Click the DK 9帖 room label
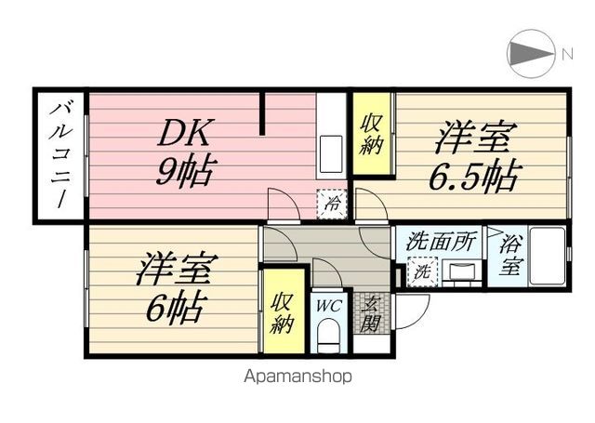[x=185, y=152]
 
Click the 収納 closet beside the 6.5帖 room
[x=372, y=134]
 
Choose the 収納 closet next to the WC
[x=284, y=311]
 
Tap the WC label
[x=329, y=306]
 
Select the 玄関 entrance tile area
[x=372, y=313]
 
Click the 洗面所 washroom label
[x=440, y=242]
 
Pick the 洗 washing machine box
[x=422, y=271]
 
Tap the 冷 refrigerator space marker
[x=332, y=205]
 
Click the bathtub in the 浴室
[x=548, y=256]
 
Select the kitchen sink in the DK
[x=331, y=154]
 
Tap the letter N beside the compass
[x=567, y=55]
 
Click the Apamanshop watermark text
[x=297, y=377]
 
